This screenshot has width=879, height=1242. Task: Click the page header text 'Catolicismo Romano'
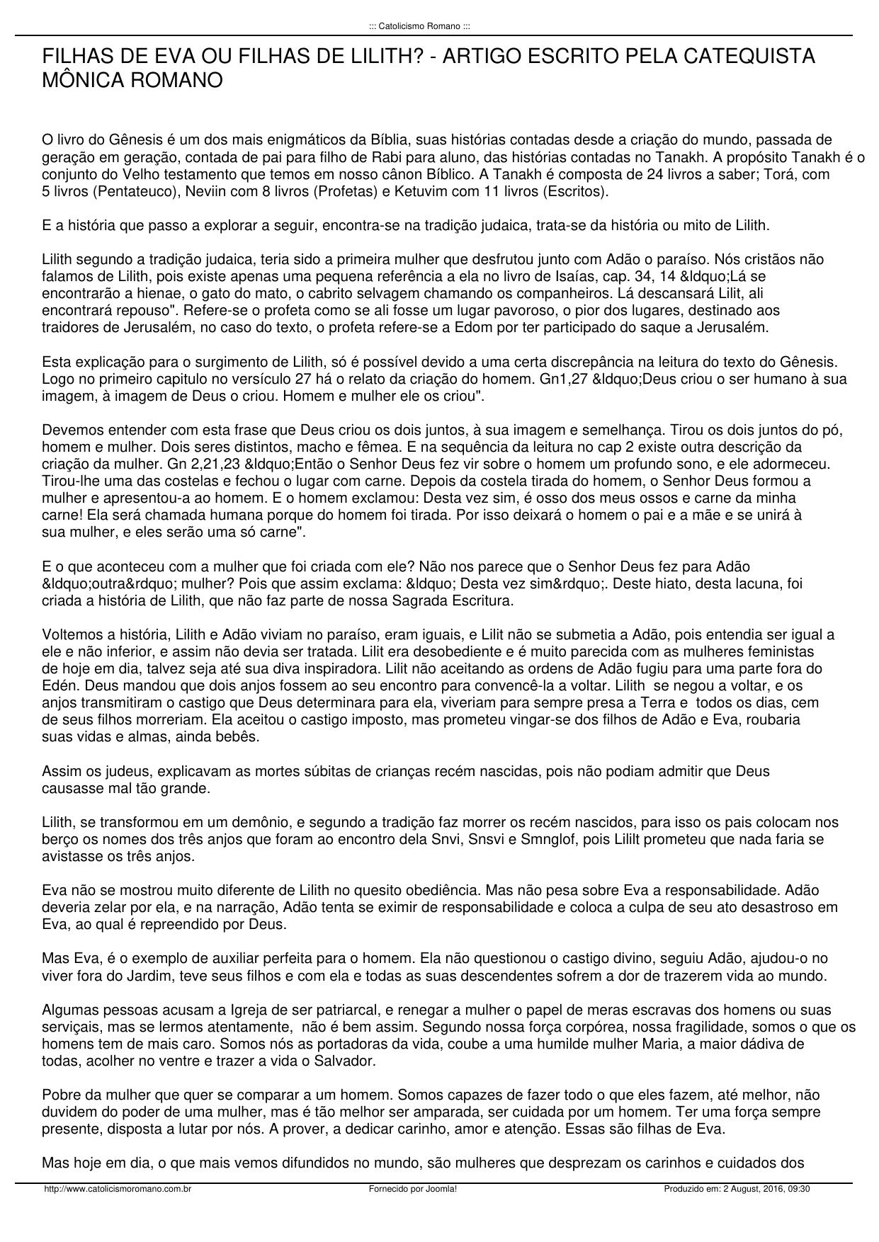click(419, 26)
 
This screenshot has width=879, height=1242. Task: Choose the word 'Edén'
click(57, 685)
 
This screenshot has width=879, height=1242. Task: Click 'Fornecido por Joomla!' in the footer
click(413, 1189)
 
